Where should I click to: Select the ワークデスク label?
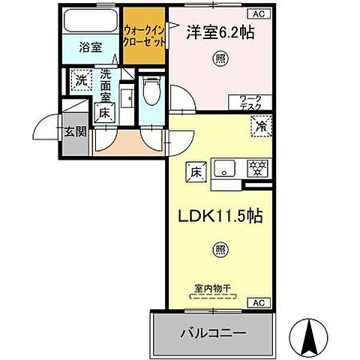coord(250,103)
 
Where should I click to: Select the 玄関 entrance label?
coord(73,133)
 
